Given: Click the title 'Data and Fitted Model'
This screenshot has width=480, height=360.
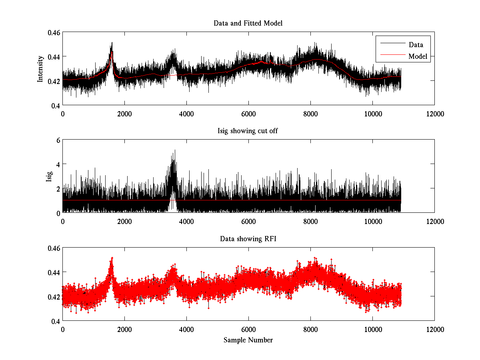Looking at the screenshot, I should (x=248, y=23).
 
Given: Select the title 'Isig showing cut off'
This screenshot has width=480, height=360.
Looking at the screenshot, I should (x=248, y=131).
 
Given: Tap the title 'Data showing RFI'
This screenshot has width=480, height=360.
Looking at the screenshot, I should (x=248, y=239).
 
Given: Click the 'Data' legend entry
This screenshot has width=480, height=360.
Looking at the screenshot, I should (x=416, y=45).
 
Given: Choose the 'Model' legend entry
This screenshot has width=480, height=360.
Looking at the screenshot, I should (x=418, y=56).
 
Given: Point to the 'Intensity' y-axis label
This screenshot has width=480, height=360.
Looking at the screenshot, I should (x=40, y=69).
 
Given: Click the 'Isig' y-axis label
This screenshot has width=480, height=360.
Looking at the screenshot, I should (x=49, y=176).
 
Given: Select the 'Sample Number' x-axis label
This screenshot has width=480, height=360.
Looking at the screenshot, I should (x=248, y=340).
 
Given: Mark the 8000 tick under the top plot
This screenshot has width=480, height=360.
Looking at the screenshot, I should (x=310, y=114).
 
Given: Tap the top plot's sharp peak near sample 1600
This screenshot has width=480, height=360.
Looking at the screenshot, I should (x=112, y=42).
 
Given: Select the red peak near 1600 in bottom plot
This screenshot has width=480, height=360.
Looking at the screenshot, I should (x=112, y=258).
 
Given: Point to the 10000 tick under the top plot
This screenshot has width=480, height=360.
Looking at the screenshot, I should (x=372, y=114).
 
